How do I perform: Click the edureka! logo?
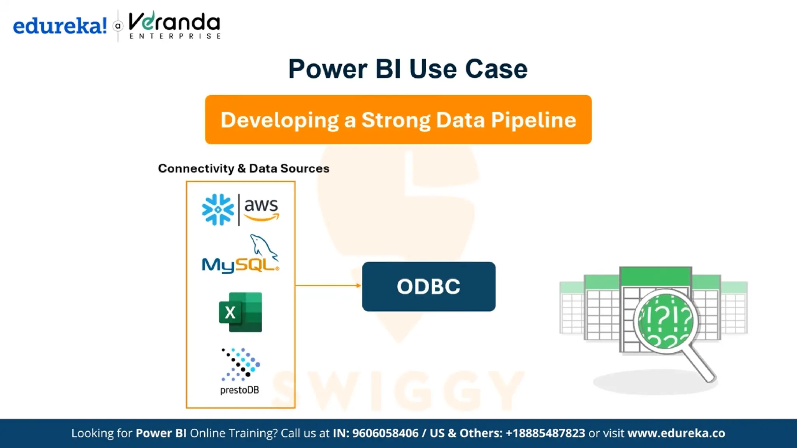click(x=60, y=26)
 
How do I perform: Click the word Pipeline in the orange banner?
click(x=533, y=120)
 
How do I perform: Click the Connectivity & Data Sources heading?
click(x=244, y=168)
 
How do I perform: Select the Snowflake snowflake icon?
click(x=218, y=210)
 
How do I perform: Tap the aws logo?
click(x=261, y=209)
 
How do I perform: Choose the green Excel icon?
click(x=241, y=312)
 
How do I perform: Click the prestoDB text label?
click(x=239, y=390)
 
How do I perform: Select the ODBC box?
click(x=428, y=287)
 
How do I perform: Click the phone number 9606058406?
click(x=385, y=433)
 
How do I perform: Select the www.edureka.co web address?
click(x=676, y=433)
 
